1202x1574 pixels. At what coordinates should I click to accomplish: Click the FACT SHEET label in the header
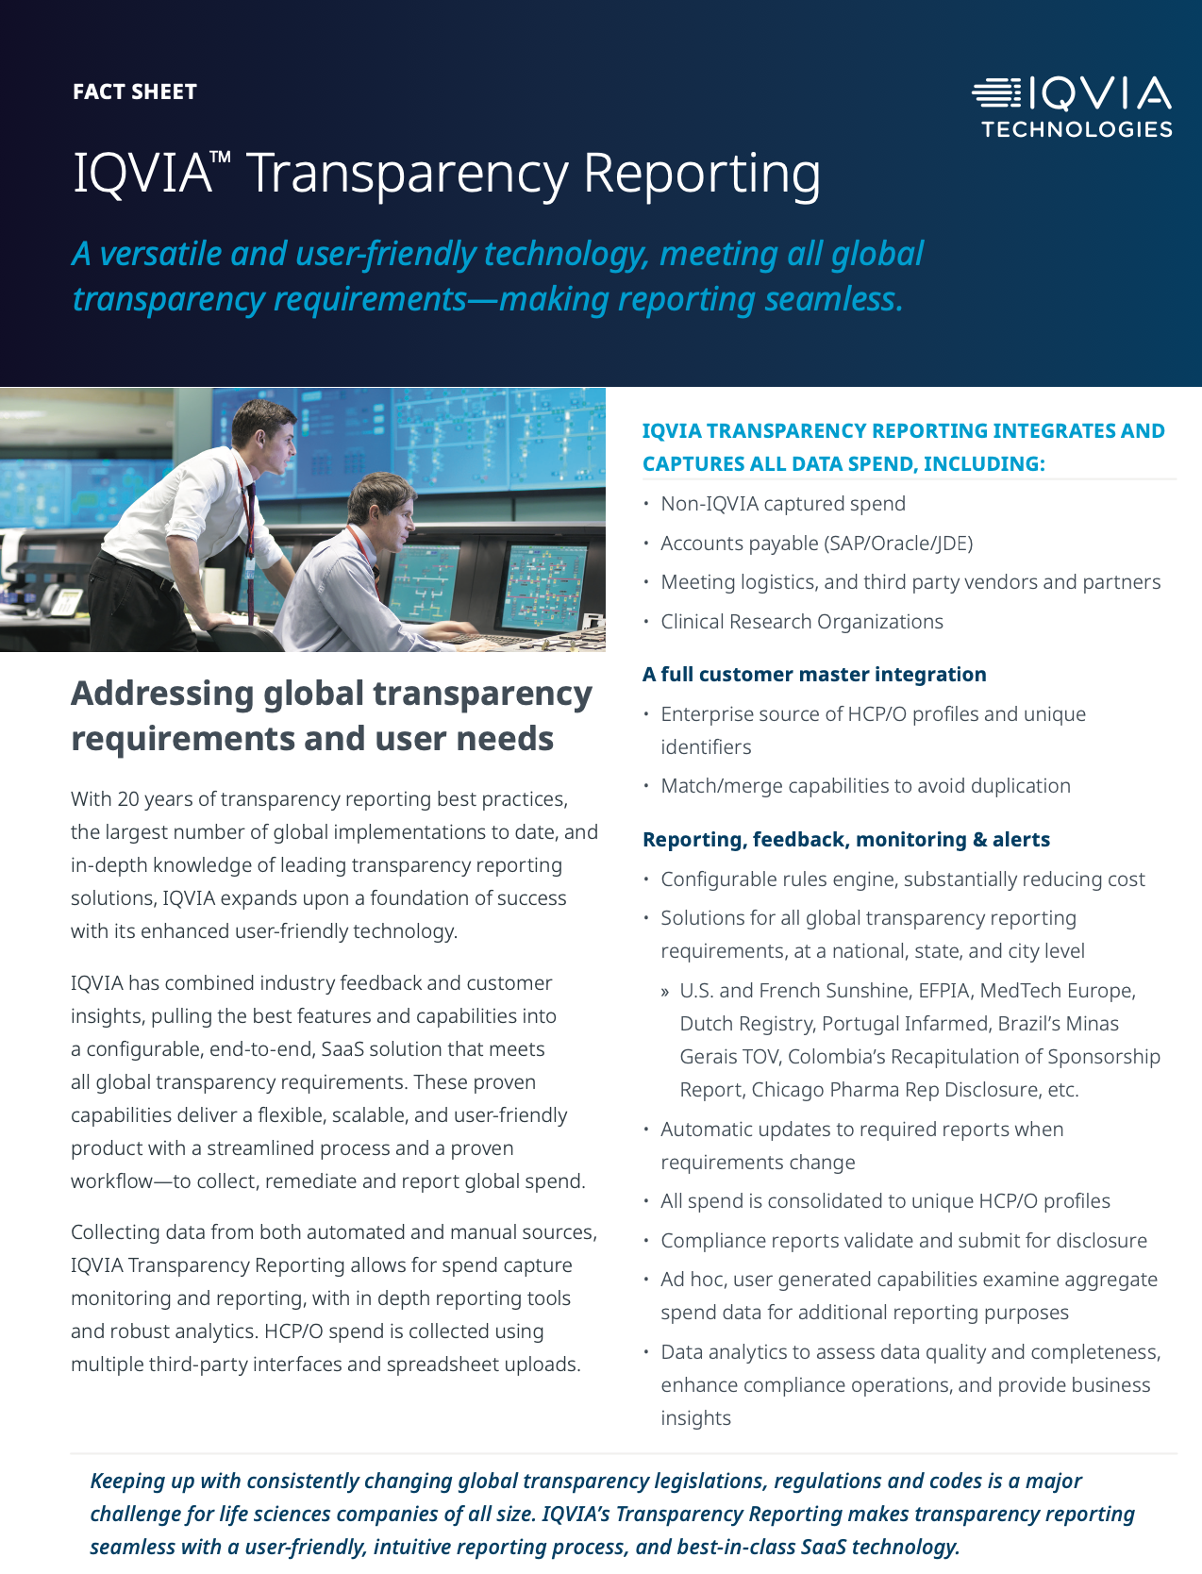(x=135, y=92)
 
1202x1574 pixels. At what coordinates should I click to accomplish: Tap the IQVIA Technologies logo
(x=1073, y=108)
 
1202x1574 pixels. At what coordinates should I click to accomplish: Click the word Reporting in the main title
(x=701, y=174)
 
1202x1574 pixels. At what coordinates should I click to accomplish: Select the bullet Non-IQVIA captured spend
(x=783, y=504)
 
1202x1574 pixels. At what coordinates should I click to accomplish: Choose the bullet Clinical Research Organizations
(x=802, y=622)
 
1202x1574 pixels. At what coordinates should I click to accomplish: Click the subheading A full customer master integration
(x=814, y=675)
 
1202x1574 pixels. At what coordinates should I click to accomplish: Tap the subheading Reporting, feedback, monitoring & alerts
(x=846, y=840)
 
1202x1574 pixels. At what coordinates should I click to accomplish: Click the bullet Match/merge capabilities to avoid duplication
(x=865, y=786)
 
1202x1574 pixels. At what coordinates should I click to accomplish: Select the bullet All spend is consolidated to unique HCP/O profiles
(x=885, y=1201)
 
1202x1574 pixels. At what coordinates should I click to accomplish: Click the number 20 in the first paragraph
(x=128, y=799)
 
